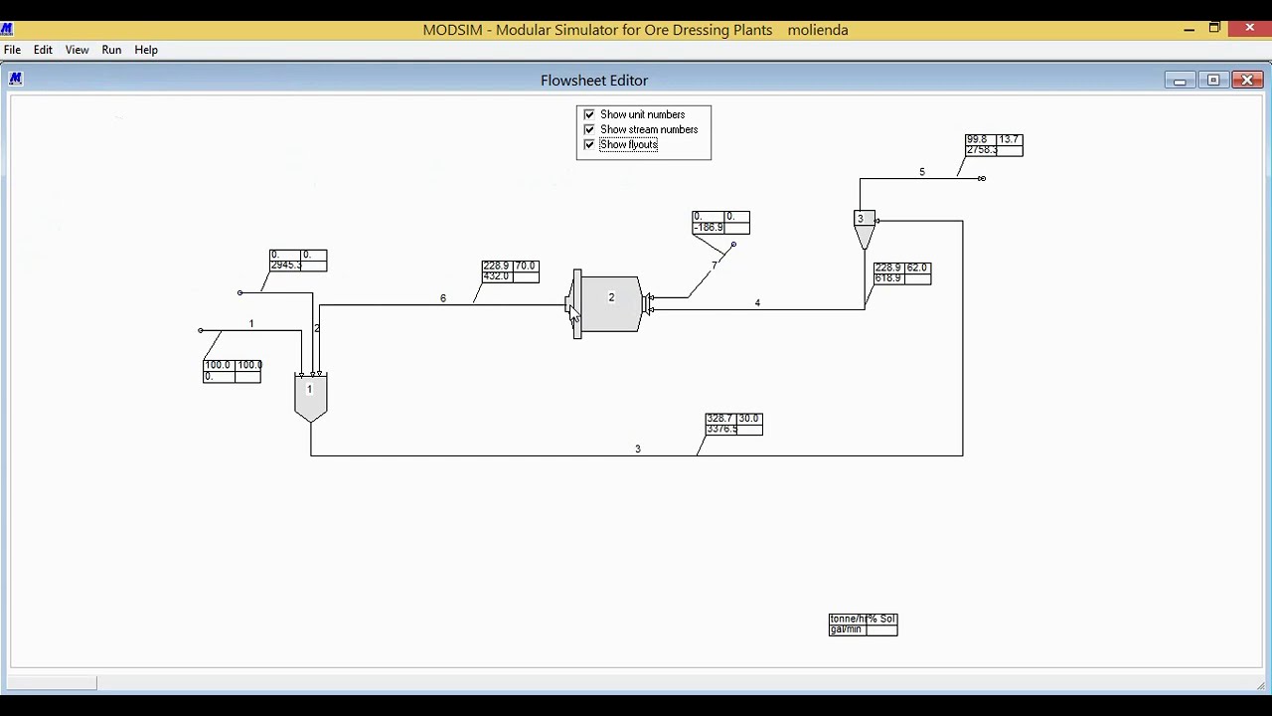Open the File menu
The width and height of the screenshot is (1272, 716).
coord(12,50)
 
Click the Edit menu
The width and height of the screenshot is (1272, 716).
coord(43,50)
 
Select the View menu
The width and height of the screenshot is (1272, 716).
coord(77,50)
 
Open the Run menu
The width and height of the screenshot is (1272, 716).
coord(111,50)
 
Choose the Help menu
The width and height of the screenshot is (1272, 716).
coord(146,50)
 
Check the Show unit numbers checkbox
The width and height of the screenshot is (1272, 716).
coord(589,114)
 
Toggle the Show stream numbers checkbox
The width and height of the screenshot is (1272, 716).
coord(589,129)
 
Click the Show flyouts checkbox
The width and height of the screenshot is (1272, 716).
coord(589,144)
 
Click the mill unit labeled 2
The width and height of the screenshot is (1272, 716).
coord(610,303)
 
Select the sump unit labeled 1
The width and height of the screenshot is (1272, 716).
coord(310,396)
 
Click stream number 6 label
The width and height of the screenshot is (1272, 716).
coord(443,298)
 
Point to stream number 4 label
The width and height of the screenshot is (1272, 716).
coord(757,303)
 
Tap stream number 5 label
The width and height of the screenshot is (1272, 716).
coord(922,172)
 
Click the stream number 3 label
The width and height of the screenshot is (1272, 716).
coord(638,449)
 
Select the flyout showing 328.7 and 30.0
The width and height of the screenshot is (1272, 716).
coord(733,424)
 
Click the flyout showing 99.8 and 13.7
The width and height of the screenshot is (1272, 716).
coord(994,145)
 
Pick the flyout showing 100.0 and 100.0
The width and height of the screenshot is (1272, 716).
coord(233,371)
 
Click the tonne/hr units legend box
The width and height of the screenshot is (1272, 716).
coord(863,624)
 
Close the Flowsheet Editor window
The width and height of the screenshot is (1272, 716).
coord(1247,81)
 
